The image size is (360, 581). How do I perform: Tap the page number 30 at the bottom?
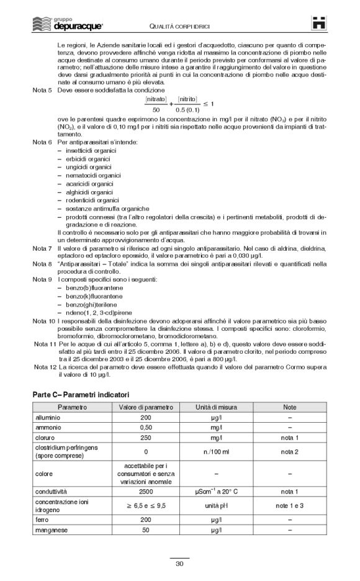coord(179,563)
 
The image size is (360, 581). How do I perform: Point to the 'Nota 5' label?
coord(42,90)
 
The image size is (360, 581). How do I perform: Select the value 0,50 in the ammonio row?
coord(146,428)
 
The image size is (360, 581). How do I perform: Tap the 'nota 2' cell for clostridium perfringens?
coord(289,452)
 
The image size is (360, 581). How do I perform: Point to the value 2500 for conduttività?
coord(146,491)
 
